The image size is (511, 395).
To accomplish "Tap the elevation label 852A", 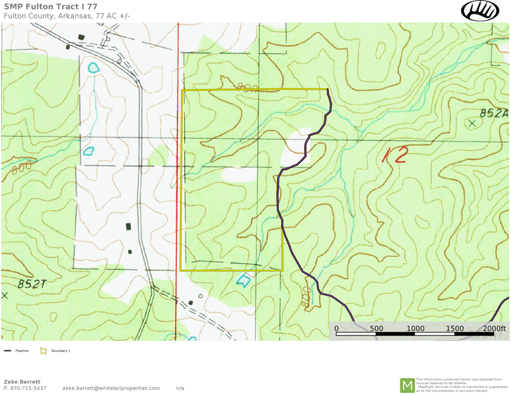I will tap(493, 114).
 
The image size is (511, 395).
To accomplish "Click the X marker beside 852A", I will tap(471, 124).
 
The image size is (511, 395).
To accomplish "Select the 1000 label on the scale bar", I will tap(415, 329).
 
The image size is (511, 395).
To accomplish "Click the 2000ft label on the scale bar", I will tap(495, 329).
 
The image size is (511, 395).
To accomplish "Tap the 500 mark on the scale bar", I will tap(376, 329).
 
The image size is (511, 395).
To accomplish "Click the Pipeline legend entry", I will tap(17, 350).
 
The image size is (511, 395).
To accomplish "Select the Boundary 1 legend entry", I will tap(60, 350).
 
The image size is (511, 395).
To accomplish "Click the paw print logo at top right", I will tap(481, 11).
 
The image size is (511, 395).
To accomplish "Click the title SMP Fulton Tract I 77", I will tap(51, 7).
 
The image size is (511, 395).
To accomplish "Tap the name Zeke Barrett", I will tap(22, 382).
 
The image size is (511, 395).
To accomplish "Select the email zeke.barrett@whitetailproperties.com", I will tap(111, 388).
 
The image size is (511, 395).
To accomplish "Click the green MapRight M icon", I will tap(407, 385).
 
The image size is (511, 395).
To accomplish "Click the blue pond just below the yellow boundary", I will tap(243, 281).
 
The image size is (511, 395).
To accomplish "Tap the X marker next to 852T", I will tap(5, 295).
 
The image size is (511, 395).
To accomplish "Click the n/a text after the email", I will tap(180, 388).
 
